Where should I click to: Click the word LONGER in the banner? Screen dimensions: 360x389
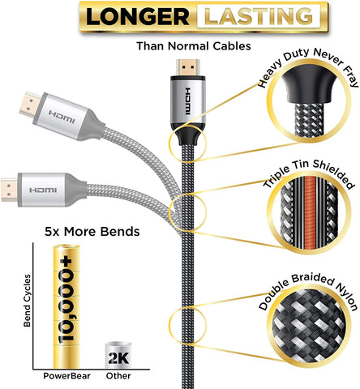click(138, 17)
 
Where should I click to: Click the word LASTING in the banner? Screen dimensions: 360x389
click(259, 16)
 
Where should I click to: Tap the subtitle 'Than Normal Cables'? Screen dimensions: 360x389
click(194, 46)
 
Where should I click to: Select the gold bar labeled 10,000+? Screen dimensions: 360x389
click(66, 306)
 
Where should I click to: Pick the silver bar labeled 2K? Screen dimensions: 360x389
click(118, 355)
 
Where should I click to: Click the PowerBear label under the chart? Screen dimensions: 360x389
click(66, 376)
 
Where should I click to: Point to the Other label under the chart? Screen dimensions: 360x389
click(118, 376)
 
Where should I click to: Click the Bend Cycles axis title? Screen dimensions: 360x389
click(27, 301)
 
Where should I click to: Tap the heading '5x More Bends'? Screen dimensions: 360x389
click(92, 232)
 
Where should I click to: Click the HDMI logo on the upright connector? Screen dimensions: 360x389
click(188, 101)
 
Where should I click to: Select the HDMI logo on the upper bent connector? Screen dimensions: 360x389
click(62, 117)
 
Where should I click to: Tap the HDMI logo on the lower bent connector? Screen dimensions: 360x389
click(43, 190)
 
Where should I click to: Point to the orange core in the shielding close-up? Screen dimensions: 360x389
click(310, 212)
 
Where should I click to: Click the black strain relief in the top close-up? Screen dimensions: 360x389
click(310, 85)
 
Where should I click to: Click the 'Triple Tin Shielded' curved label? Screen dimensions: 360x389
click(308, 173)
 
